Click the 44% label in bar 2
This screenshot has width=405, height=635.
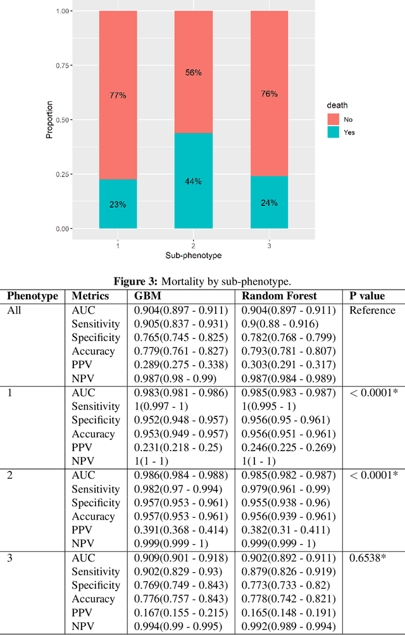(x=194, y=181)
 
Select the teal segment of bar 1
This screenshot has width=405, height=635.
(x=118, y=203)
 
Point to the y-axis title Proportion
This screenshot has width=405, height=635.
(x=50, y=120)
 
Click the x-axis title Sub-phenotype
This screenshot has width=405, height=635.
(x=194, y=255)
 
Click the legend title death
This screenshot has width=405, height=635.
(x=337, y=105)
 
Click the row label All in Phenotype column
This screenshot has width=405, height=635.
(x=14, y=311)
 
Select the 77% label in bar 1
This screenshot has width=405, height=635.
(x=118, y=95)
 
